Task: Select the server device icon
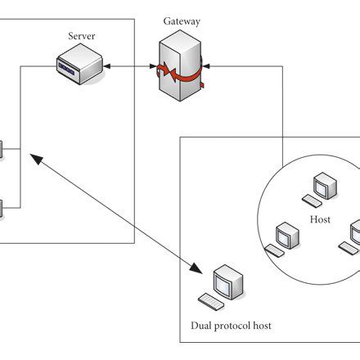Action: [x=80, y=65]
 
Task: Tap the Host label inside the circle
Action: [x=320, y=221]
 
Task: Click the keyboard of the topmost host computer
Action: [x=312, y=200]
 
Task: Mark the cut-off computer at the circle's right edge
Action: [x=354, y=235]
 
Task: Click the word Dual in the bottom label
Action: [x=201, y=326]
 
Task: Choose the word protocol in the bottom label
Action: [x=232, y=326]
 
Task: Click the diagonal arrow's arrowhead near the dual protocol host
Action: [x=196, y=267]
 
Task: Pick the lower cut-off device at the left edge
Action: [x=2, y=207]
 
